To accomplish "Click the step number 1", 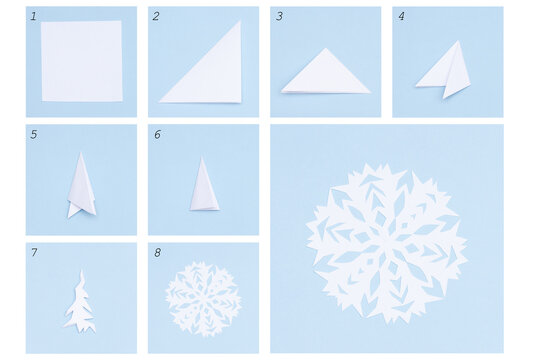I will click(33, 16).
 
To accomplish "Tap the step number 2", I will click(156, 16).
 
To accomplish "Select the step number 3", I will click(279, 16).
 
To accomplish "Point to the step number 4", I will click(401, 16).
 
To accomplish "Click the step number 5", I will click(33, 134).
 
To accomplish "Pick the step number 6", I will click(156, 134).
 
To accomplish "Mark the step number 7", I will click(33, 252).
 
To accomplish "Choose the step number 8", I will click(156, 252).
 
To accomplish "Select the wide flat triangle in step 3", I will click(325, 75).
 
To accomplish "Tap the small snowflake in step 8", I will click(203, 298).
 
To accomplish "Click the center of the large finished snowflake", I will click(386, 243).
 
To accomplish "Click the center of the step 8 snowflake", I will click(203, 298).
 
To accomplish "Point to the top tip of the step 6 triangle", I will click(203, 158).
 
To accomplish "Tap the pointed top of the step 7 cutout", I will click(81, 271).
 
